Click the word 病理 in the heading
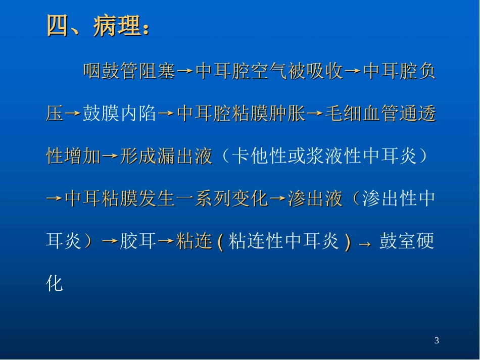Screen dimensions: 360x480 116,26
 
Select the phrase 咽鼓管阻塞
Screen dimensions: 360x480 129,72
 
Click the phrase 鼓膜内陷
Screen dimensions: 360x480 119,115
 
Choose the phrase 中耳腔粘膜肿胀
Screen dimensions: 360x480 242,115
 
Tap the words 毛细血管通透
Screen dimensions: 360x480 380,115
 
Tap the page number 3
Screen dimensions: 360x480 437,341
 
